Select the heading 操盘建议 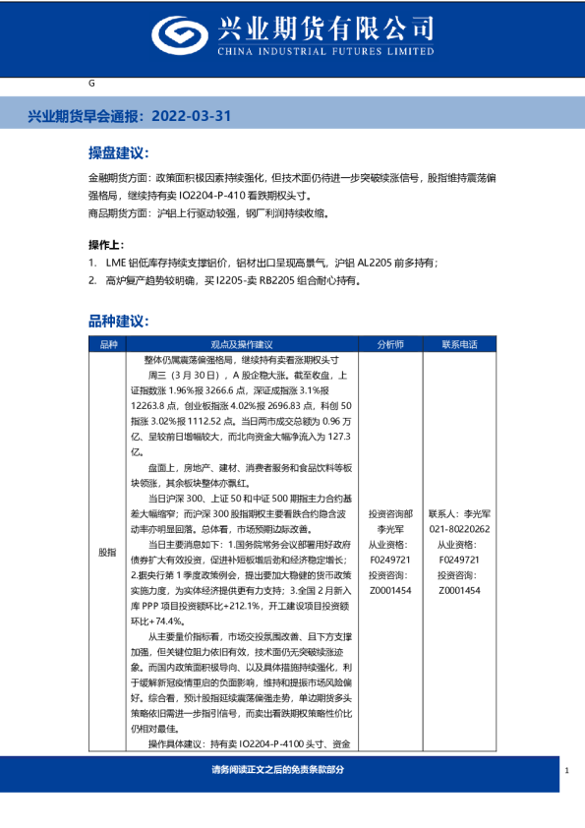point(117,154)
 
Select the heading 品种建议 point(117,321)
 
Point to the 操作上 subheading point(107,243)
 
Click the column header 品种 point(108,345)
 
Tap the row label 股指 point(108,553)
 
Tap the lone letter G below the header point(90,86)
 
